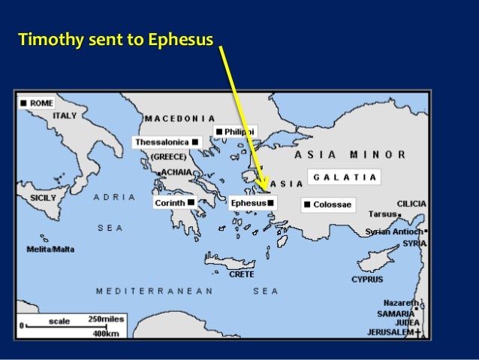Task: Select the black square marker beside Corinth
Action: click(191, 202)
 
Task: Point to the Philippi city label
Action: click(239, 132)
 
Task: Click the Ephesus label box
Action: click(249, 203)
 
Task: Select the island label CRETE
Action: click(241, 274)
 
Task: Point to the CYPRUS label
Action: click(367, 280)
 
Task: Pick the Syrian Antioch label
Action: click(393, 231)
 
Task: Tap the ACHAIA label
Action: click(176, 172)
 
